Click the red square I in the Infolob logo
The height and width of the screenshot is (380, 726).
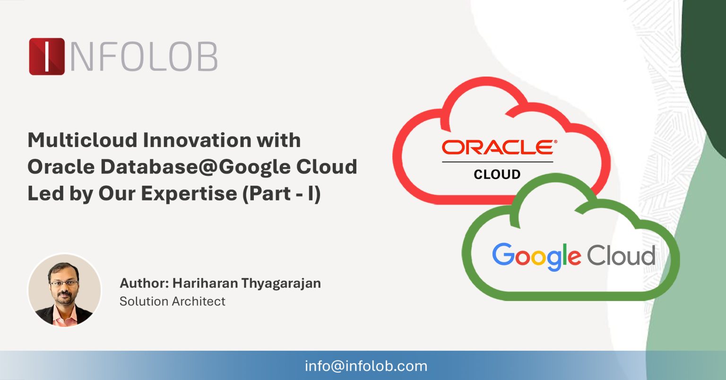click(47, 56)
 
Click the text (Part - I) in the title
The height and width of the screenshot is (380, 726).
click(282, 193)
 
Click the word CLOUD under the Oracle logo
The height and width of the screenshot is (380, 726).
click(497, 174)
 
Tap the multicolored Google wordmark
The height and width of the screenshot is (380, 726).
click(536, 257)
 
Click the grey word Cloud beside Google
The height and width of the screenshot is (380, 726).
click(621, 256)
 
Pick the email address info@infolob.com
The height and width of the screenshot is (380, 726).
click(366, 366)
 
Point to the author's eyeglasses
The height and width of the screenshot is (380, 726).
click(64, 284)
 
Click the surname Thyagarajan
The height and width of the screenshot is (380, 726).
click(281, 283)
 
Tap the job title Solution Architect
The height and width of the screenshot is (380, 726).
click(173, 301)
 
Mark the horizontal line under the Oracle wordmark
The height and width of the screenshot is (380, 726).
click(497, 162)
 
